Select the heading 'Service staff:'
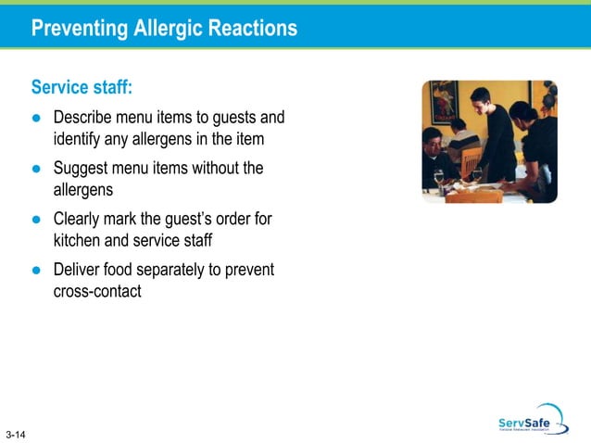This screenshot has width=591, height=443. (x=82, y=88)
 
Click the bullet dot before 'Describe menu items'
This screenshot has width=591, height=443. (x=36, y=119)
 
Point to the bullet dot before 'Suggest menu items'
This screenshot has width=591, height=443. (x=36, y=170)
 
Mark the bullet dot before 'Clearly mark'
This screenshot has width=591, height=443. (x=36, y=221)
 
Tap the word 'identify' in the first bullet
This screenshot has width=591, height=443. (x=80, y=139)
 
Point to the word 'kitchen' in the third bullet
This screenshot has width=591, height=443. (x=80, y=241)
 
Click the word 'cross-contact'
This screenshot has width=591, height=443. (x=98, y=292)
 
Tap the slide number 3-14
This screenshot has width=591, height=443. (x=15, y=434)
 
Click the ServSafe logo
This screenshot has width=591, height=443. (x=529, y=420)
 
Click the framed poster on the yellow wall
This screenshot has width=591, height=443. (x=442, y=101)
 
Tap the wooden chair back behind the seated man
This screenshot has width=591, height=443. (x=470, y=163)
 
